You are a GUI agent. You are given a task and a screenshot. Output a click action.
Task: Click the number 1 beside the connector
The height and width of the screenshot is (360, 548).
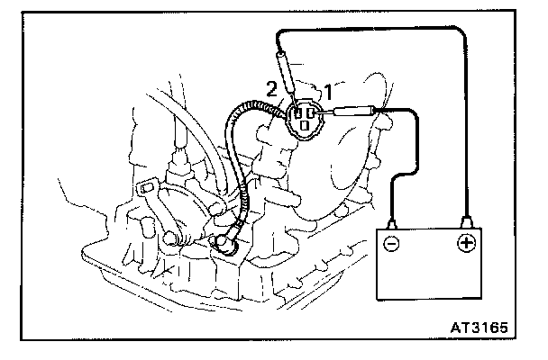click(x=329, y=91)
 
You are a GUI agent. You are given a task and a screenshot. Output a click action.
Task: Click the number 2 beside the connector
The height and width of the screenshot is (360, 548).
click(x=270, y=88)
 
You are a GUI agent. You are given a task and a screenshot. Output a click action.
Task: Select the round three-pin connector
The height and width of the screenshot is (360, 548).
click(x=306, y=119)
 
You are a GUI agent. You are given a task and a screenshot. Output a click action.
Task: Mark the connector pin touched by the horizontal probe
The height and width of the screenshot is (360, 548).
click(x=316, y=113)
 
